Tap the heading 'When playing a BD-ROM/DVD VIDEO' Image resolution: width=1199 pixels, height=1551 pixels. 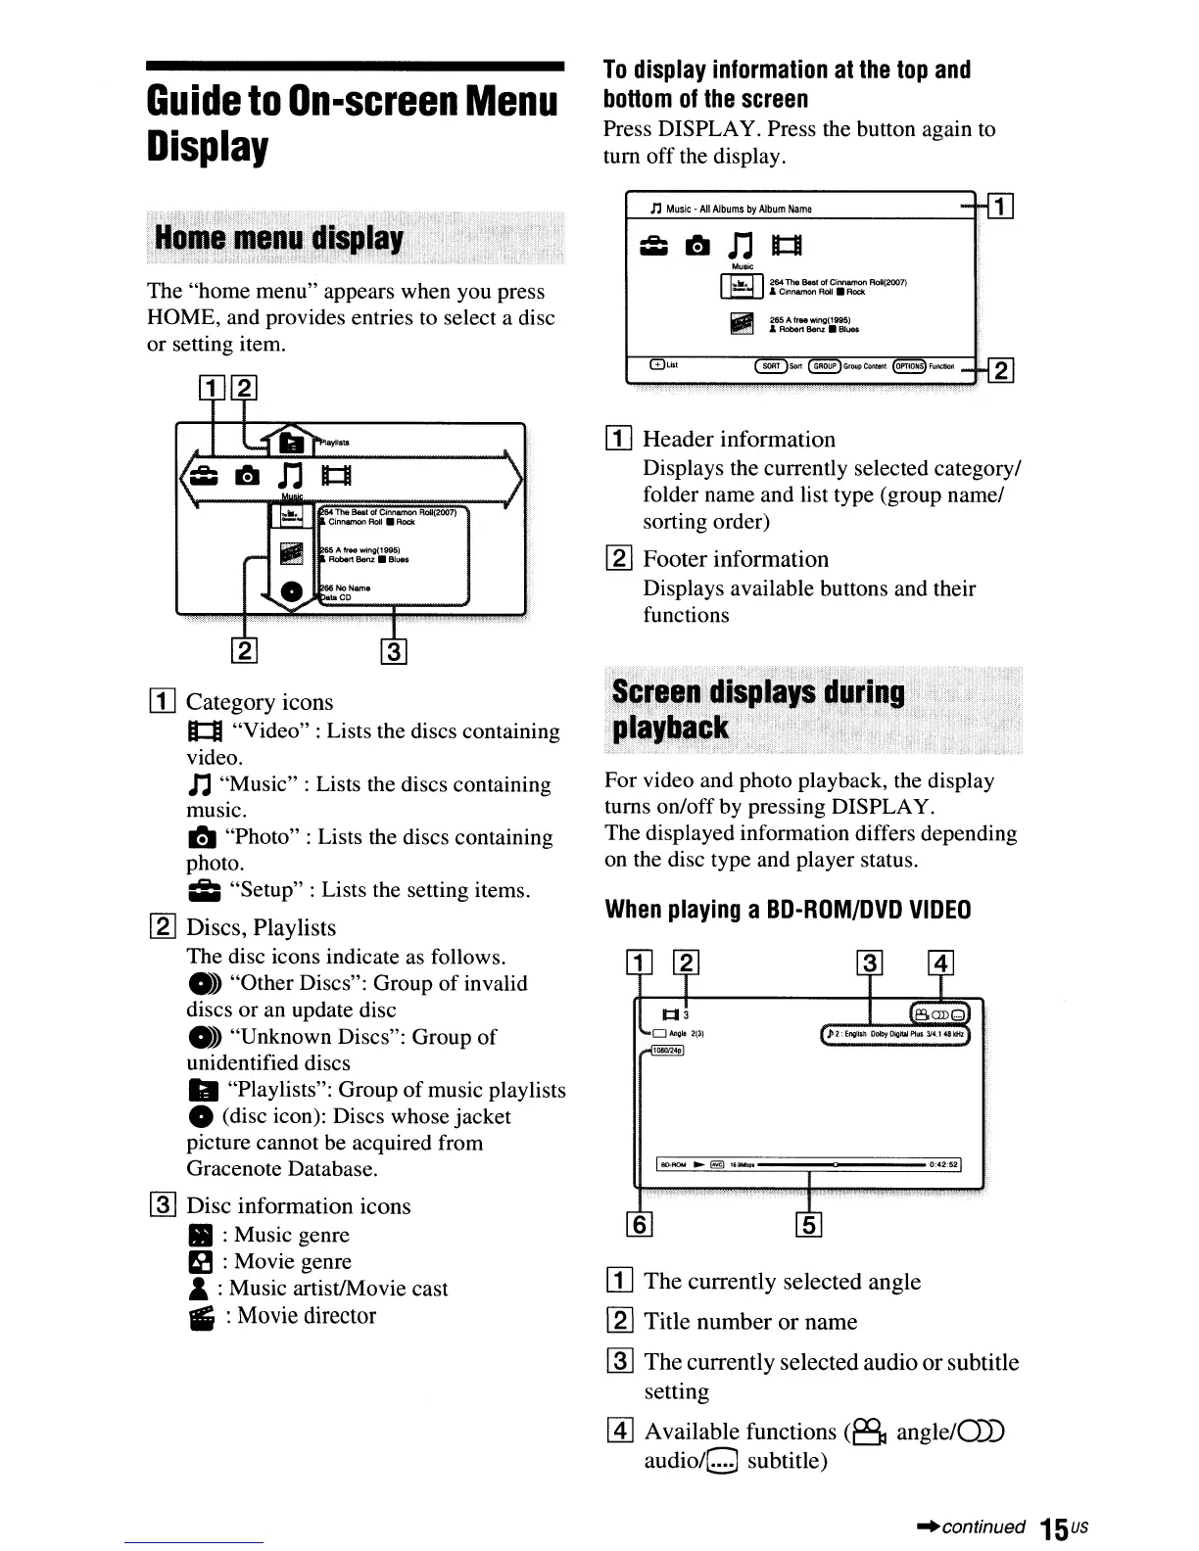[x=788, y=910]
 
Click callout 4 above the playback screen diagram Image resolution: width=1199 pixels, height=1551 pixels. [x=939, y=963]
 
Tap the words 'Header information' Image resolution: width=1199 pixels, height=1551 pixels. [x=739, y=440]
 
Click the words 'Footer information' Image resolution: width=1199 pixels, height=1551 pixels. [x=735, y=559]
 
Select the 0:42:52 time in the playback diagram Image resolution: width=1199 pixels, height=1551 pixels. [x=943, y=1164]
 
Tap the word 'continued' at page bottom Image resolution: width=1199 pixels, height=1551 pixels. [x=983, y=1527]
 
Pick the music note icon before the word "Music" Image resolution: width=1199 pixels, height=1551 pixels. [x=200, y=785]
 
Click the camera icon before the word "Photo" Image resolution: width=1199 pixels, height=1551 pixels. [x=201, y=838]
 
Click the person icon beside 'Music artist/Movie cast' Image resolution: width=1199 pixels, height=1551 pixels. [x=198, y=1290]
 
